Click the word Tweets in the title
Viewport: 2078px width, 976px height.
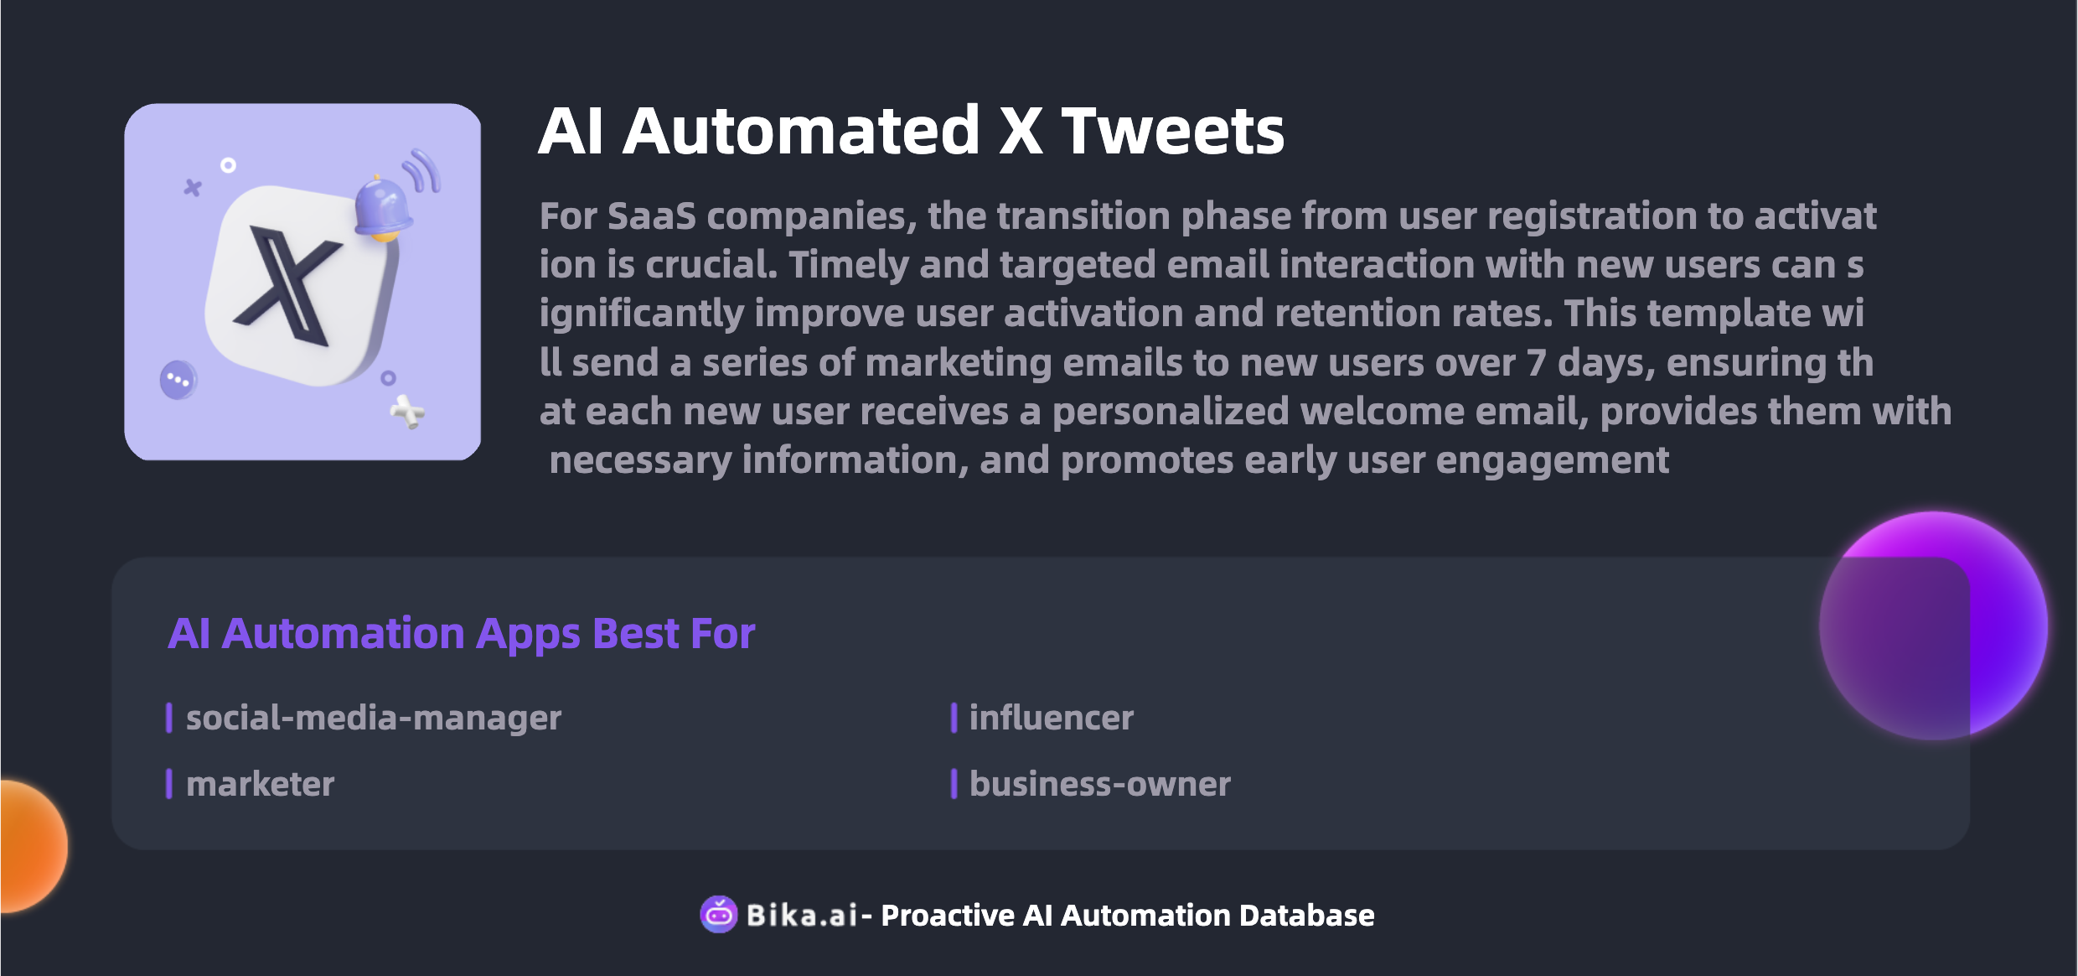[1172, 132]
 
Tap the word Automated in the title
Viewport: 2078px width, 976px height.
[800, 132]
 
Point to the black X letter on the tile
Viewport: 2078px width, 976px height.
[287, 286]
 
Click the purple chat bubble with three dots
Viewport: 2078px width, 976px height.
[178, 381]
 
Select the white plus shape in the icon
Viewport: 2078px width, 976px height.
[408, 411]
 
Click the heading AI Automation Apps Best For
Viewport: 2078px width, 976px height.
[462, 634]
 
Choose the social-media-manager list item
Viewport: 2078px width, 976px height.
[374, 718]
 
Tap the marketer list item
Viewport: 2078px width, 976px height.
[260, 784]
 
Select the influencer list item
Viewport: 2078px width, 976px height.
[1051, 718]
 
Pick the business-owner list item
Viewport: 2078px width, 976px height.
[1099, 784]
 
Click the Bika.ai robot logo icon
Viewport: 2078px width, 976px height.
[718, 915]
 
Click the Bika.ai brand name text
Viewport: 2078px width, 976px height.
[802, 916]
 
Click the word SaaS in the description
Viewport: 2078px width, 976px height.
[651, 216]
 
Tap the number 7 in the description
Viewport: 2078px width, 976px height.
[1535, 363]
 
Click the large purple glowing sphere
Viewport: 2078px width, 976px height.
[1934, 626]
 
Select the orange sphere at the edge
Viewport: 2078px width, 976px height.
[34, 845]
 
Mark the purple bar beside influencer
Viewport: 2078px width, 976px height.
[954, 718]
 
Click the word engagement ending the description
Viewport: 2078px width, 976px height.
[1552, 462]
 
